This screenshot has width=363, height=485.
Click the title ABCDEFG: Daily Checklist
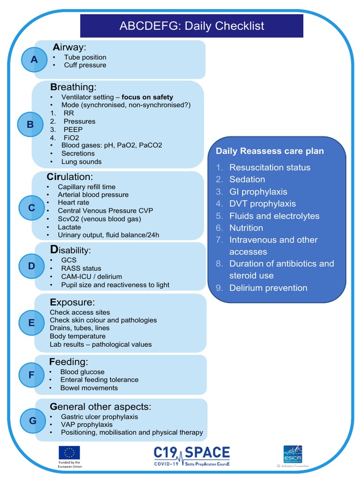pyautogui.click(x=191, y=26)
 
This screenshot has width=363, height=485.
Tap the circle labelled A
pyautogui.click(x=34, y=59)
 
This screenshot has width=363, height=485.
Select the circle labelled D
pyautogui.click(x=32, y=266)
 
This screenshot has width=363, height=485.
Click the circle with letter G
pyautogui.click(x=33, y=421)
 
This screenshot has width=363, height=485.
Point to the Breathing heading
pyautogui.click(x=73, y=87)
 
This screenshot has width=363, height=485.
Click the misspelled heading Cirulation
pyautogui.click(x=70, y=177)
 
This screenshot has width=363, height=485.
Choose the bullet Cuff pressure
pyautogui.click(x=85, y=65)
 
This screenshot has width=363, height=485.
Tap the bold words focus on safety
pyautogui.click(x=147, y=97)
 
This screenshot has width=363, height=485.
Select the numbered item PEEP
pyautogui.click(x=73, y=129)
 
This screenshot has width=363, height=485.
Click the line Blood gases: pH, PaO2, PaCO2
pyautogui.click(x=112, y=145)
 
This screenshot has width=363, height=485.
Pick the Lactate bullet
pyautogui.click(x=70, y=227)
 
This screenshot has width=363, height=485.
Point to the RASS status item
pyautogui.click(x=81, y=269)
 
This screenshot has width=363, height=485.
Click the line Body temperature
pyautogui.click(x=78, y=336)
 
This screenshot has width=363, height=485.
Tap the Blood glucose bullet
pyautogui.click(x=82, y=372)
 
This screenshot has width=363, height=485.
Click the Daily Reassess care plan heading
pyautogui.click(x=270, y=151)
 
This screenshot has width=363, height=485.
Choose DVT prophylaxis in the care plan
pyautogui.click(x=262, y=204)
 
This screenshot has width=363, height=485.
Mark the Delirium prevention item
pyautogui.click(x=268, y=288)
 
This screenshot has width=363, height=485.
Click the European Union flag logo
pyautogui.click(x=69, y=453)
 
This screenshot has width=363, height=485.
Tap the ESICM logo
pyautogui.click(x=293, y=454)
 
